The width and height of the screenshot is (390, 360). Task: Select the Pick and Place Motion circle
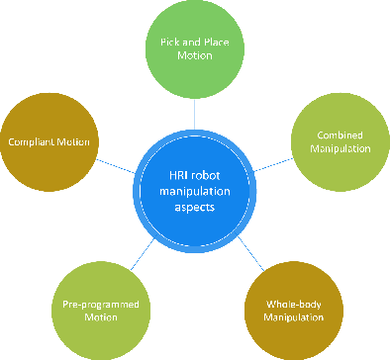pyautogui.click(x=194, y=50)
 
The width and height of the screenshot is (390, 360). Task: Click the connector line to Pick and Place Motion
pyautogui.click(x=194, y=108)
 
